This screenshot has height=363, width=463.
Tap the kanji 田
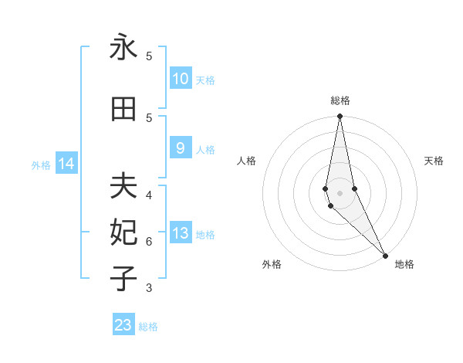123,110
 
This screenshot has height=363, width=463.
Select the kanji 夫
123,186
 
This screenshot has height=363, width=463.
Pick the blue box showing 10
180,79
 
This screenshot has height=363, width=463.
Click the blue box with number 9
180,148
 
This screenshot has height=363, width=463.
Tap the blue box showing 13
180,233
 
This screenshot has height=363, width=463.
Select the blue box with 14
66,164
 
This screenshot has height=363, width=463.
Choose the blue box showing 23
123,325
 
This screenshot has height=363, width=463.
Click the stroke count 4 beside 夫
149,195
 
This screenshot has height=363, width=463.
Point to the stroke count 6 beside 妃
149,241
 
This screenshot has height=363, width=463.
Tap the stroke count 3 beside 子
149,288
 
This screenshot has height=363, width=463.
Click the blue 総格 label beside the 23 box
148,327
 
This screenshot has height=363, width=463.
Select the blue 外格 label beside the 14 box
41,165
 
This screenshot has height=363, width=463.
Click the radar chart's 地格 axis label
404,264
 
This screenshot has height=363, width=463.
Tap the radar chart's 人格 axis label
247,161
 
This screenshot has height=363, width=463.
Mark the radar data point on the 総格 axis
340,117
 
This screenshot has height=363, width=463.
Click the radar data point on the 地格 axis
385,255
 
